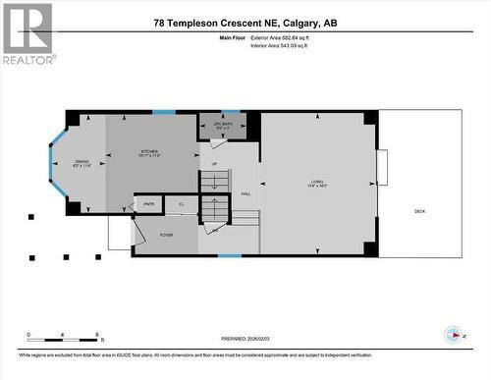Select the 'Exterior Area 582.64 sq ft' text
(294, 36)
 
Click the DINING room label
(81, 162)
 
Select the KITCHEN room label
(148, 153)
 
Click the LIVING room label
(318, 181)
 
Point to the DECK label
(419, 211)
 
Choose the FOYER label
(166, 235)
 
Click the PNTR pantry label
(149, 204)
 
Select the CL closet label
(181, 204)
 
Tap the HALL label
(246, 193)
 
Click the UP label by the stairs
(214, 164)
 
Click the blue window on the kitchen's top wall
(164, 112)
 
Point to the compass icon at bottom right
(453, 335)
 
